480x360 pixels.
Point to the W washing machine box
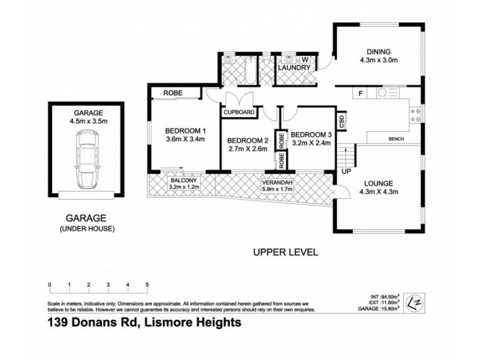304,59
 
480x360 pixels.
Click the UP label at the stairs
346,172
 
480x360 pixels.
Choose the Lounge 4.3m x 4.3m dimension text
378,192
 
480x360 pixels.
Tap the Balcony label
183,180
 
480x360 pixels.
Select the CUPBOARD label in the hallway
239,112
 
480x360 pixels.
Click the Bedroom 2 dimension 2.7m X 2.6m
247,149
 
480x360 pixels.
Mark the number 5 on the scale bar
147,284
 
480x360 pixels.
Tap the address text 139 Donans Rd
95,322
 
